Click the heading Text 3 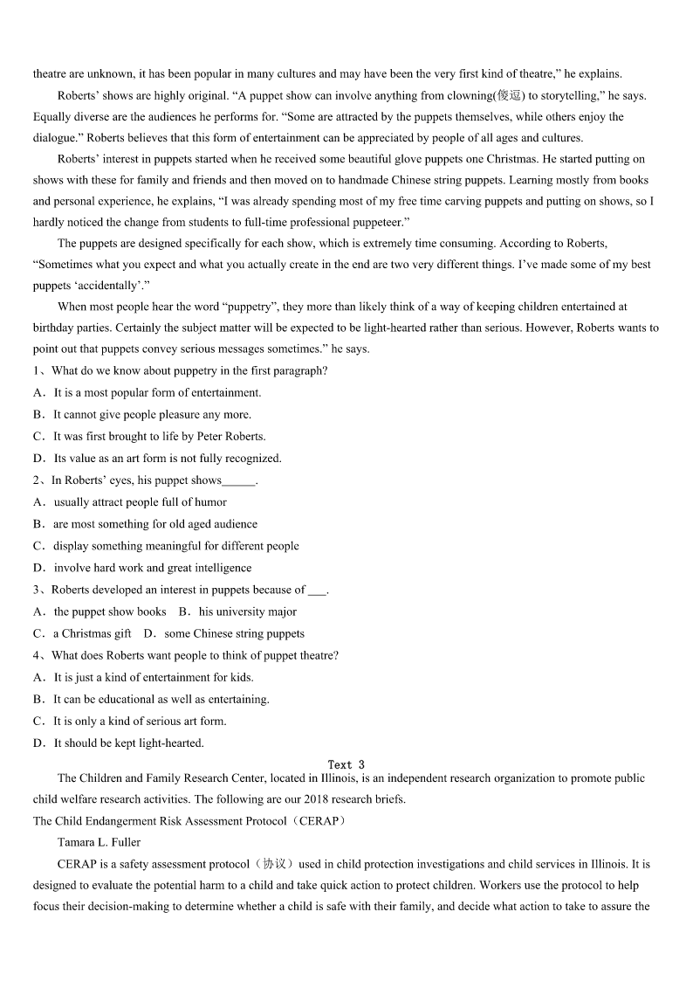pyautogui.click(x=346, y=764)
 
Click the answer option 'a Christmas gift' pyautogui.click(x=92, y=633)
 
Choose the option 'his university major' pyautogui.click(x=247, y=611)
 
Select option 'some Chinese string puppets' pyautogui.click(x=234, y=633)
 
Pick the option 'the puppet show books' pyautogui.click(x=110, y=611)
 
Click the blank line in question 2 pyautogui.click(x=238, y=480)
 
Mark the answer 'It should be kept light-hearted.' pyautogui.click(x=128, y=743)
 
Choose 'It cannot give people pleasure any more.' pyautogui.click(x=152, y=414)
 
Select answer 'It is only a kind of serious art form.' pyautogui.click(x=140, y=721)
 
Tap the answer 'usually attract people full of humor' pyautogui.click(x=140, y=502)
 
